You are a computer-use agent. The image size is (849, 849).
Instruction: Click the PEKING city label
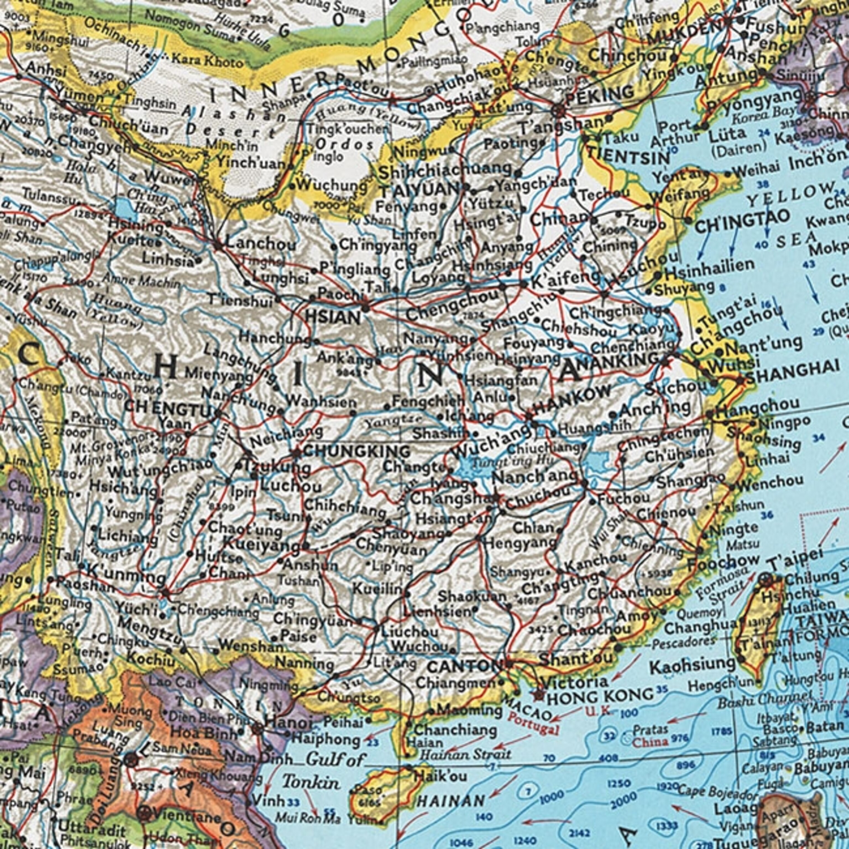599,93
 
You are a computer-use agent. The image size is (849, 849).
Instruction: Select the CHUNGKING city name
357,451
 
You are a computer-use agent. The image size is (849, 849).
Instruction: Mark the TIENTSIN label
629,156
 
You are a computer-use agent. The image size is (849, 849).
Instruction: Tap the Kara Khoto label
206,60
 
